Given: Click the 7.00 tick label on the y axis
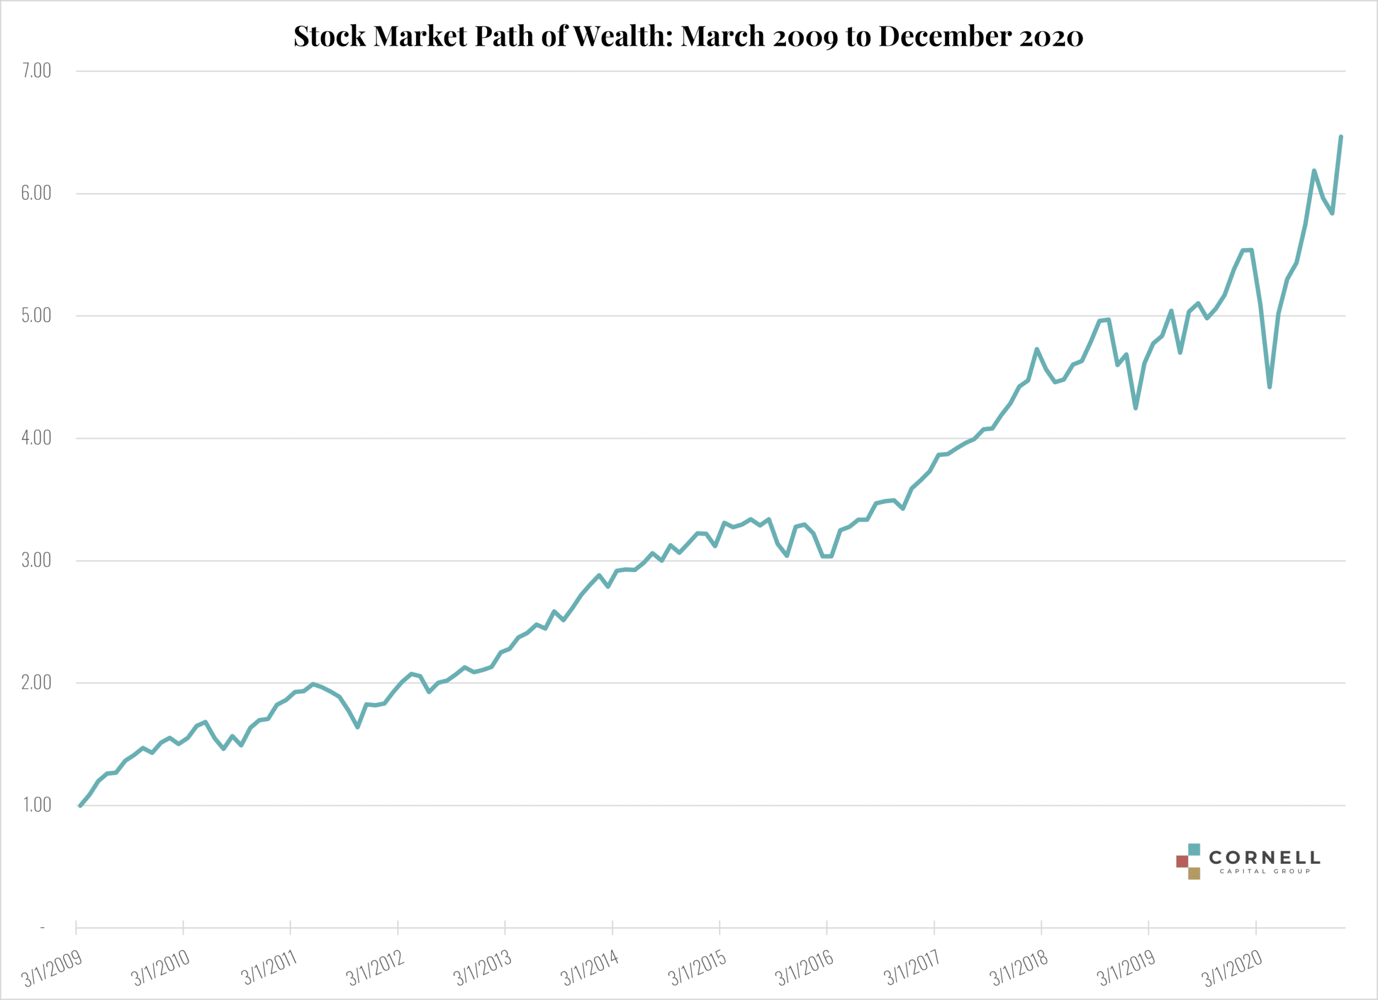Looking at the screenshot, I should (x=37, y=71).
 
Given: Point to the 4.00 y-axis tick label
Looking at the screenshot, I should (x=37, y=438).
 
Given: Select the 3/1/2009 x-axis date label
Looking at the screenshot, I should (x=52, y=968).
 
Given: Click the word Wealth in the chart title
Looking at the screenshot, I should (x=622, y=37).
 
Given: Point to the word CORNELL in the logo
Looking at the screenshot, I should (x=1264, y=858).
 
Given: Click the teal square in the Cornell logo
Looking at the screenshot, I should (x=1194, y=849).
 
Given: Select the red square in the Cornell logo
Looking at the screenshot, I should (x=1182, y=862).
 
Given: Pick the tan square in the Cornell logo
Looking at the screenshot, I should (x=1194, y=874).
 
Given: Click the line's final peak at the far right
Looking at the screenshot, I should (x=1340, y=137).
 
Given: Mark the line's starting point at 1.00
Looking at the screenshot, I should (x=80, y=805).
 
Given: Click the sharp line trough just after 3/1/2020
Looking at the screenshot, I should (x=1269, y=386).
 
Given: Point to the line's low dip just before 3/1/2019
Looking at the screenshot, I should (x=1135, y=407).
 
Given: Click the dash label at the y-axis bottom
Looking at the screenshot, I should (x=42, y=928).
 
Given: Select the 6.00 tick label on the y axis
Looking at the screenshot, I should (x=37, y=193).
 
